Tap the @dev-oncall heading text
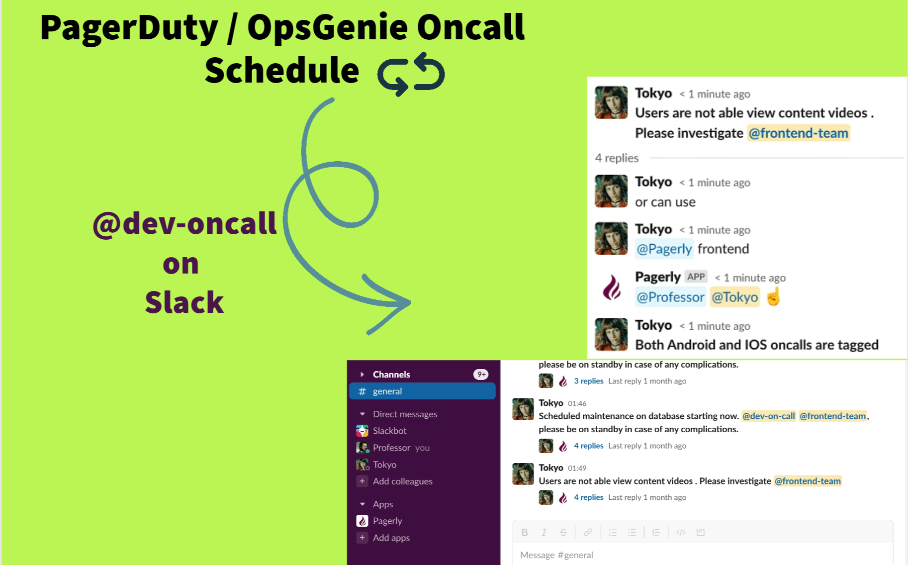pyautogui.click(x=184, y=223)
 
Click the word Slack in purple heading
pyautogui.click(x=184, y=302)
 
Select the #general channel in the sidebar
pyautogui.click(x=423, y=391)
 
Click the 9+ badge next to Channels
pyautogui.click(x=481, y=375)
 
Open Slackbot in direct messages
pyautogui.click(x=389, y=431)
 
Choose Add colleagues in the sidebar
pyautogui.click(x=402, y=481)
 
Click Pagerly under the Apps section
pyautogui.click(x=387, y=521)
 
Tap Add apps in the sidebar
pyautogui.click(x=391, y=538)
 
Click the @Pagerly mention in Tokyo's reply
pyautogui.click(x=664, y=249)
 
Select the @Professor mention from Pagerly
pyautogui.click(x=670, y=297)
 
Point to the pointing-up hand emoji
pyautogui.click(x=773, y=297)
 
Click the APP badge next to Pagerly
pyautogui.click(x=696, y=277)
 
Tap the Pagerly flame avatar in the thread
pyautogui.click(x=612, y=287)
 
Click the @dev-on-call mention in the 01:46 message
pyautogui.click(x=768, y=416)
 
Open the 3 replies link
pyautogui.click(x=589, y=381)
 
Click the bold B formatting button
pyautogui.click(x=525, y=532)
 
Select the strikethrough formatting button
pyautogui.click(x=563, y=532)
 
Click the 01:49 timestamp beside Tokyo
pyautogui.click(x=577, y=468)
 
